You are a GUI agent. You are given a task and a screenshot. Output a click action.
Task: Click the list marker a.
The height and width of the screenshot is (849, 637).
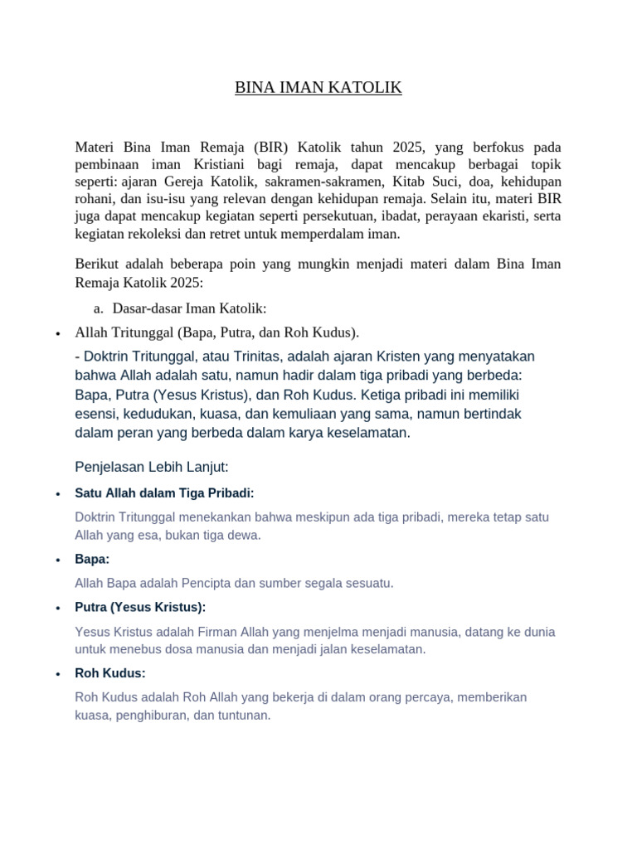(99, 308)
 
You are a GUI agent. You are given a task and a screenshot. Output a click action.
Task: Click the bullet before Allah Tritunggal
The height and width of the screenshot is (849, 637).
(57, 334)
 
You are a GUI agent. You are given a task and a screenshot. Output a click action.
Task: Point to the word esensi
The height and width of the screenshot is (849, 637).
(95, 414)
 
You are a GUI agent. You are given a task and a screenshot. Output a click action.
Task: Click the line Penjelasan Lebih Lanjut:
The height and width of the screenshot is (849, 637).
(151, 466)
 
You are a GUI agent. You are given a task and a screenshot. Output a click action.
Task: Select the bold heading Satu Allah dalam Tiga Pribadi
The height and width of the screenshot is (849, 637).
(164, 493)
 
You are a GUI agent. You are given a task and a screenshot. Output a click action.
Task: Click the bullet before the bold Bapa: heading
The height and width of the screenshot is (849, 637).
(57, 560)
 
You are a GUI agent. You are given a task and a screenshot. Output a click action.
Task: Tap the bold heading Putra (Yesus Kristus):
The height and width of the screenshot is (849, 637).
(140, 607)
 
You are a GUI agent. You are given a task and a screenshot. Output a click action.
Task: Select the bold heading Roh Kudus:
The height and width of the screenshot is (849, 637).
(110, 673)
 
